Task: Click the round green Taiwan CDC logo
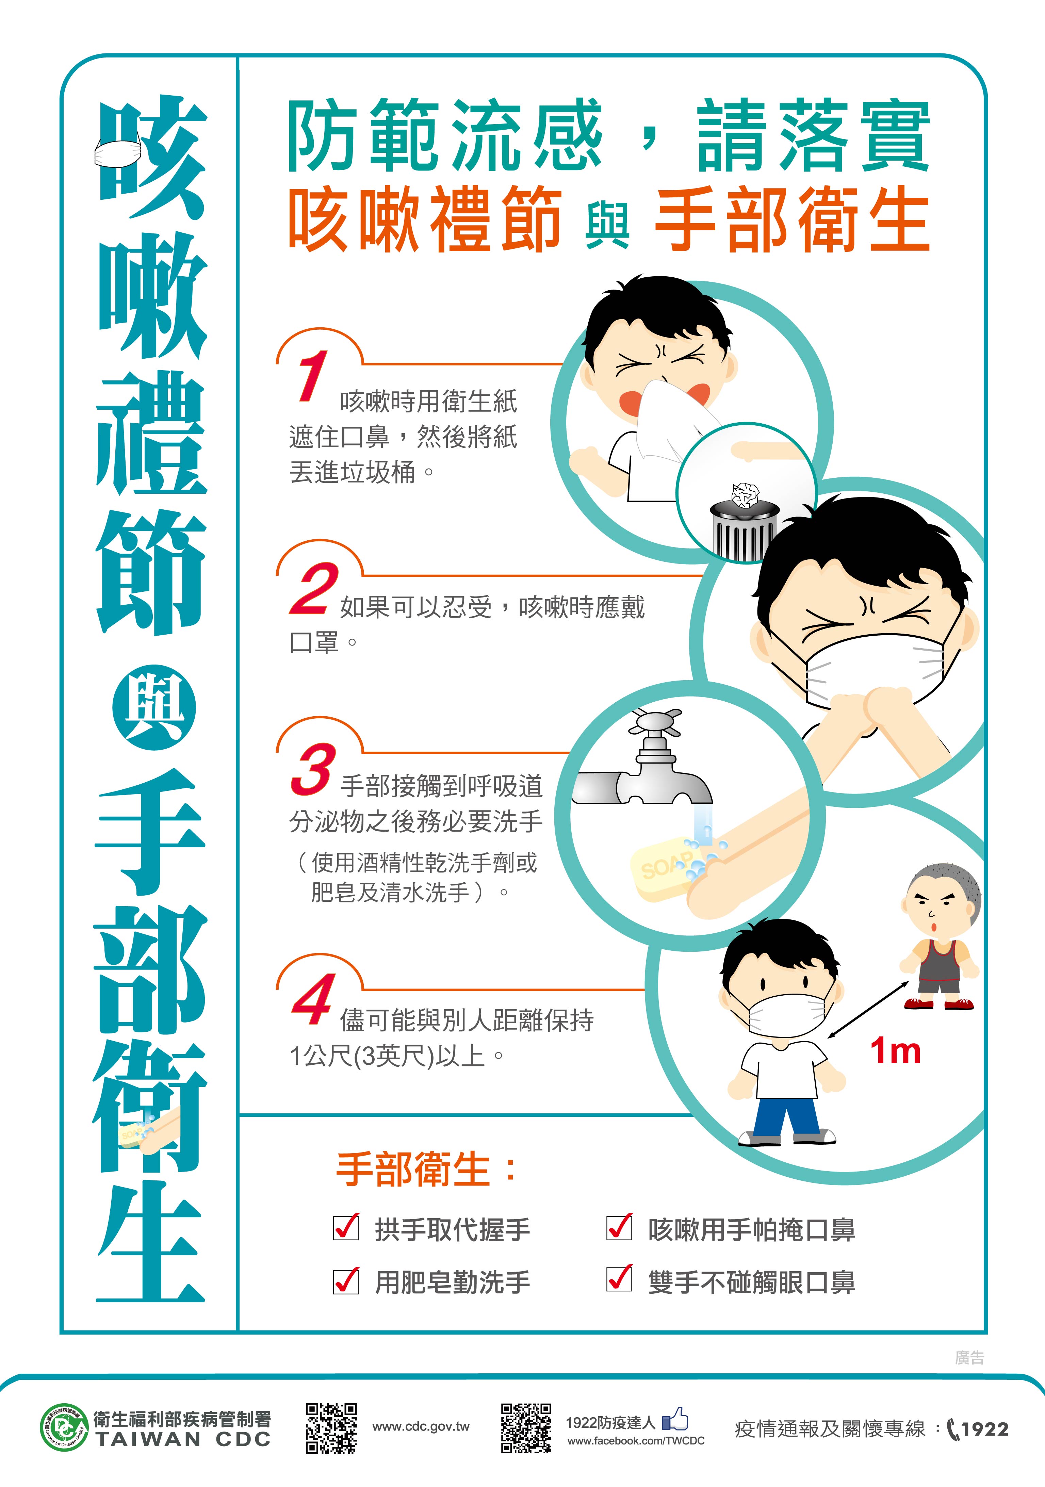[x=63, y=1428]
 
